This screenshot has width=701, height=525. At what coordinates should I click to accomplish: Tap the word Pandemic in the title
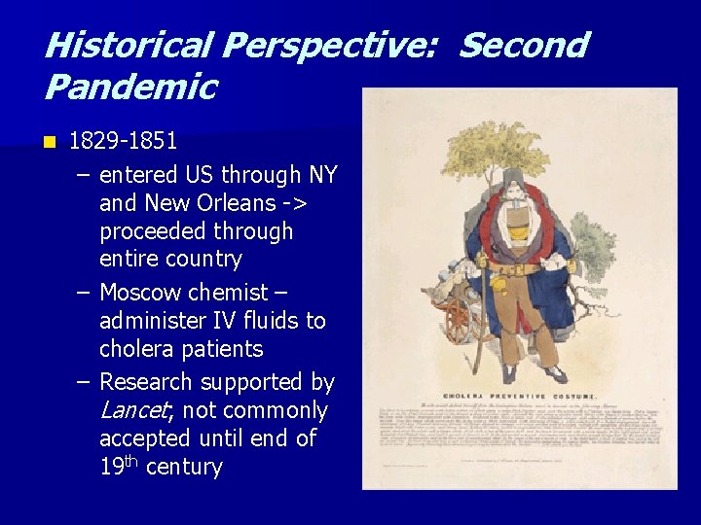click(x=129, y=87)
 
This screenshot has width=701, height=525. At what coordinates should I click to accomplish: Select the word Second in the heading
click(x=523, y=46)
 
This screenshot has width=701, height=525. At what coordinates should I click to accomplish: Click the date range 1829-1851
click(x=123, y=141)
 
